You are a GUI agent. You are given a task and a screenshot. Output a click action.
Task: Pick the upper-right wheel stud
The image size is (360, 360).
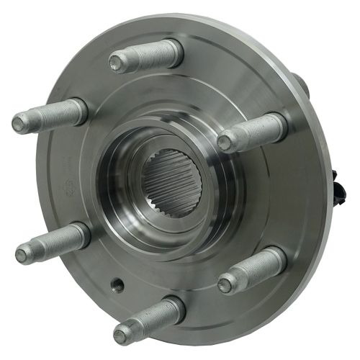point(252,132)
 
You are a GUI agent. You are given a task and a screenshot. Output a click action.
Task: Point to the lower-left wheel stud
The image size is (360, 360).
point(52,244)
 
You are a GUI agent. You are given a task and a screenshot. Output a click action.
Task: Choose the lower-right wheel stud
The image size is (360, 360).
point(252,271)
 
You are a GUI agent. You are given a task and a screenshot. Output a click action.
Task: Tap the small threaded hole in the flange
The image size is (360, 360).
point(117,284)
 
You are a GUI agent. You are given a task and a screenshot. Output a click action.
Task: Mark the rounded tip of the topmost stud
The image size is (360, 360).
point(115,63)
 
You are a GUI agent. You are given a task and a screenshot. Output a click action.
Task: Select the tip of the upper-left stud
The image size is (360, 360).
point(19,124)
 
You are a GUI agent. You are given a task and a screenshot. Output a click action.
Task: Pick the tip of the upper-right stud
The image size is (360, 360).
point(224,143)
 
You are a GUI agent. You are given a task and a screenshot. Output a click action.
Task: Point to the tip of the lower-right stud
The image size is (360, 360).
point(225,285)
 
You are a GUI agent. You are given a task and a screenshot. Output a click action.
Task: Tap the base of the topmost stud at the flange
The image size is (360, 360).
point(175,51)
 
